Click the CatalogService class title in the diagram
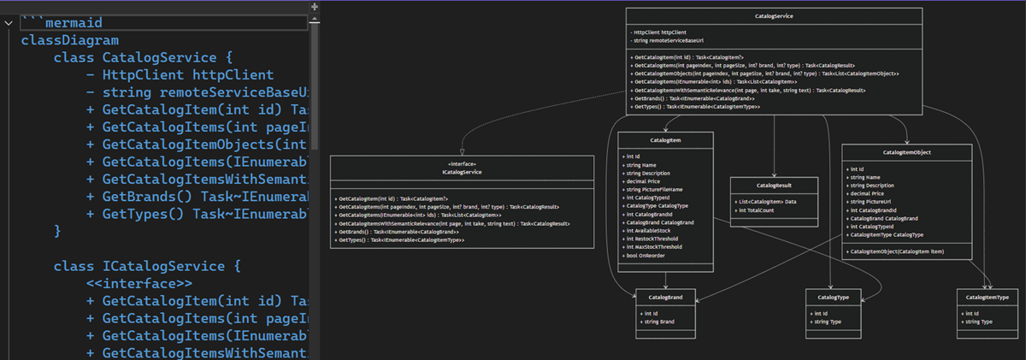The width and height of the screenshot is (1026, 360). [x=774, y=15]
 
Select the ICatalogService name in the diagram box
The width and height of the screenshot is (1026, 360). [x=462, y=172]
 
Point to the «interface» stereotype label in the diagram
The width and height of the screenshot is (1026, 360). [x=462, y=163]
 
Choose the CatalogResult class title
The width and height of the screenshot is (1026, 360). [x=773, y=185]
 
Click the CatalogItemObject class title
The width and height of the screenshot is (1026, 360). [x=906, y=152]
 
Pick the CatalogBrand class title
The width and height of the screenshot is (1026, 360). [x=665, y=297]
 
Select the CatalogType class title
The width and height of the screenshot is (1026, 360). [x=833, y=297]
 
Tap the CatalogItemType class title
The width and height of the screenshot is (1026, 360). [x=988, y=297]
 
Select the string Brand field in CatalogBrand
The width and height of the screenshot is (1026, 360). [x=661, y=322]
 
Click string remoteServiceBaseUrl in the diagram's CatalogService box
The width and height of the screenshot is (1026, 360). [x=663, y=40]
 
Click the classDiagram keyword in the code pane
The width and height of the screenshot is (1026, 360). [x=70, y=39]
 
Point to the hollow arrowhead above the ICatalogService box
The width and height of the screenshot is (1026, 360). [x=462, y=151]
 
